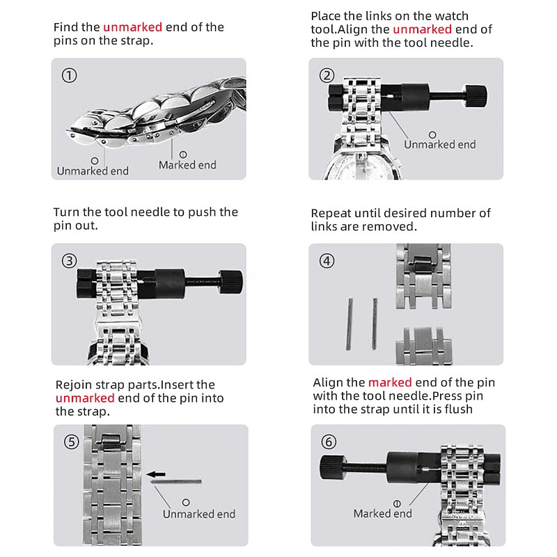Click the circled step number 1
[x=69, y=75]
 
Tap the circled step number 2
[x=327, y=75]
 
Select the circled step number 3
[x=69, y=260]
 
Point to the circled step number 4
[x=327, y=261]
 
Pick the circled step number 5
[x=72, y=442]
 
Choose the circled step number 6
[x=329, y=442]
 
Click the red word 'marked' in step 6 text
[x=390, y=382]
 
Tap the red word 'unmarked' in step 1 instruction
[x=132, y=27]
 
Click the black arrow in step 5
[x=156, y=474]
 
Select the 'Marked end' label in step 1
[x=187, y=165]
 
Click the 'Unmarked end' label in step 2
[x=440, y=144]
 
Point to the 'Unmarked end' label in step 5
[x=199, y=514]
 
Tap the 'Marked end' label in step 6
[x=382, y=513]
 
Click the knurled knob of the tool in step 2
[x=476, y=96]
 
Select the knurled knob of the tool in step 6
[x=332, y=467]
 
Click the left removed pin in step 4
[x=350, y=324]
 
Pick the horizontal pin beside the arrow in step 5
[x=176, y=482]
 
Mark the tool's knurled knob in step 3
[x=231, y=282]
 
